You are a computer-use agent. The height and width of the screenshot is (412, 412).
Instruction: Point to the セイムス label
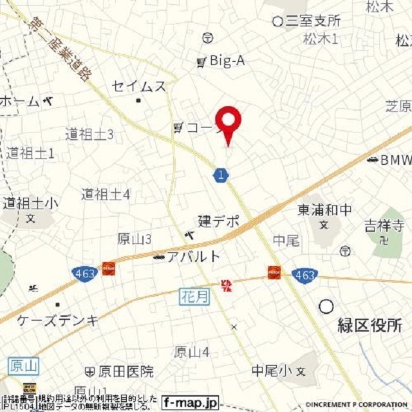(138, 86)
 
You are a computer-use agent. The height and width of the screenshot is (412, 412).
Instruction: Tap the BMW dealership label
(392, 159)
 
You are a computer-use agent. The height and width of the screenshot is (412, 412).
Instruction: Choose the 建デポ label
(218, 221)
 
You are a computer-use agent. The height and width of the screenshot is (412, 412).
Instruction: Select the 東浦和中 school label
(324, 209)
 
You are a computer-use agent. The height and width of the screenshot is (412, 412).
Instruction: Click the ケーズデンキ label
(58, 320)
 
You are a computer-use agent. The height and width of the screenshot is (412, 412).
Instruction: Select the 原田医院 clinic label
(126, 371)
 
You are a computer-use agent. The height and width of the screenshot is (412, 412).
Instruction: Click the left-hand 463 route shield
(84, 273)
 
